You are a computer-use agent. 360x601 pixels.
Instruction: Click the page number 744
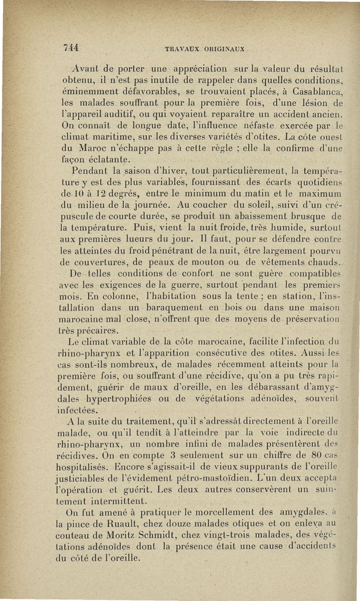coord(71,48)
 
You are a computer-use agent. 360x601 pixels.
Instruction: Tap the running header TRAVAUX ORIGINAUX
coord(205,49)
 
